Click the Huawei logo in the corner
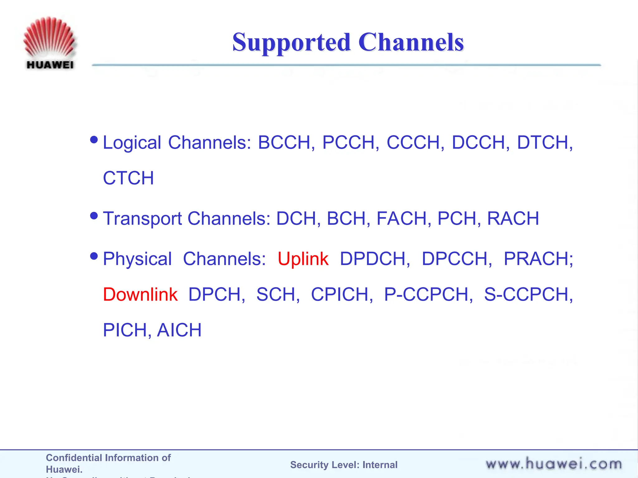[49, 43]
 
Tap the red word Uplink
[303, 259]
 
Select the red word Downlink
[140, 294]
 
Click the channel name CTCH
[128, 178]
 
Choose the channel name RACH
[513, 218]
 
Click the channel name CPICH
[341, 294]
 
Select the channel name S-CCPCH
[528, 294]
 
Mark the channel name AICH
[179, 330]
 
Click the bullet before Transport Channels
[94, 215]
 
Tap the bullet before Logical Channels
[94, 139]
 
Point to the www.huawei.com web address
[554, 464]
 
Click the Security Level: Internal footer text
[344, 465]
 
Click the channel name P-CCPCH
[428, 294]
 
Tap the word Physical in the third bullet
[137, 259]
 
